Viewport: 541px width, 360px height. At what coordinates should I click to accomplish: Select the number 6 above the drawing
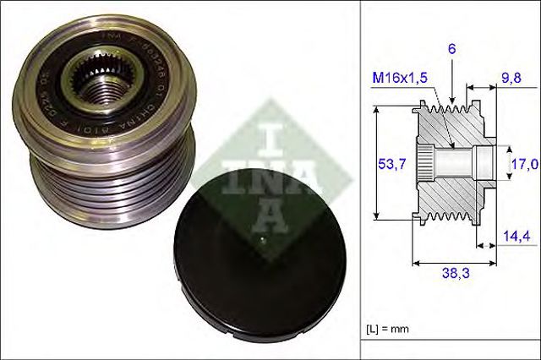point(452,50)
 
